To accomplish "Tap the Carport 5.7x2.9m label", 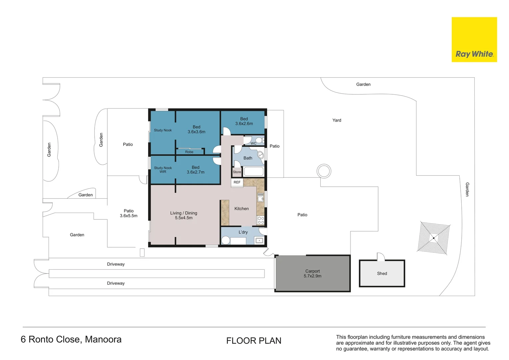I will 312,274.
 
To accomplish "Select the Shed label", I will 382,274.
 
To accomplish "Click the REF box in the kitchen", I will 237,182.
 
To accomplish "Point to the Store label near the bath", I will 237,172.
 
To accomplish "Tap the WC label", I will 254,144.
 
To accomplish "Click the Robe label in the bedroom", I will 189,152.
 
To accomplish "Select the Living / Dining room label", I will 184,215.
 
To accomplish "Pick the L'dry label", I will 243,232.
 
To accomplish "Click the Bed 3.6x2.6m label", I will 244,121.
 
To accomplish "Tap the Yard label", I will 336,120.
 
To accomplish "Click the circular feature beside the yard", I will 324,171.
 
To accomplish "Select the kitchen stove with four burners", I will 260,220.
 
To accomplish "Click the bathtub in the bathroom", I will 254,172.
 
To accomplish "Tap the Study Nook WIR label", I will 163,170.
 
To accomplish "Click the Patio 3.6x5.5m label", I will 129,213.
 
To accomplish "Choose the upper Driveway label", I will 116,264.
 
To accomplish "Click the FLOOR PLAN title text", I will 254,341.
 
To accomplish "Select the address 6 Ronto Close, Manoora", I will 71,339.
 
